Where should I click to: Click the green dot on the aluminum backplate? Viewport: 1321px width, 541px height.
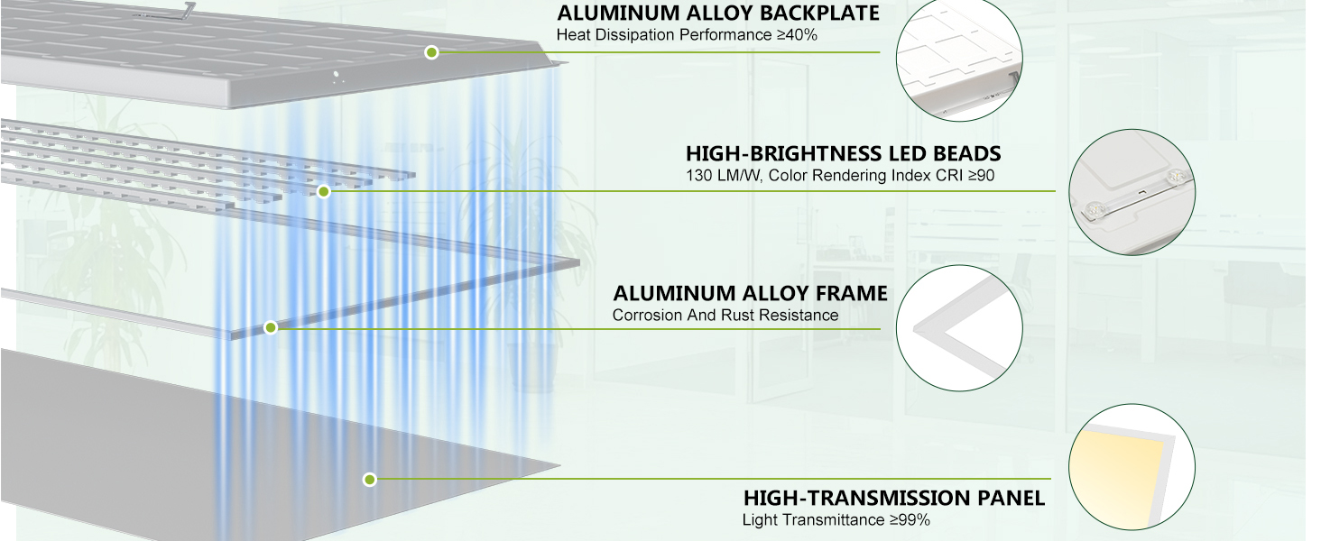(x=431, y=52)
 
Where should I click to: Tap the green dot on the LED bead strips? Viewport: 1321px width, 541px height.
(x=324, y=191)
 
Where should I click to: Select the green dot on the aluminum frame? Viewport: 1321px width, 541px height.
(x=271, y=327)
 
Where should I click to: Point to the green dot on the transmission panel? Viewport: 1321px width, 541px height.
(x=370, y=479)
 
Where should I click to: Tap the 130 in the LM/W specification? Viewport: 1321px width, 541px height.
(x=698, y=176)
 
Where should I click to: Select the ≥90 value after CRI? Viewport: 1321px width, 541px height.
(x=982, y=176)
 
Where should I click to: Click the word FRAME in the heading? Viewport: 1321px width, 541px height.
(x=852, y=293)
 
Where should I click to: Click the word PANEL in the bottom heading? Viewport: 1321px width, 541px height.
(x=1011, y=498)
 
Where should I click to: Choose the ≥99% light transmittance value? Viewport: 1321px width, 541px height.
(x=910, y=519)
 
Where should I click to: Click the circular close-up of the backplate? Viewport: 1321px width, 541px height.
(x=959, y=58)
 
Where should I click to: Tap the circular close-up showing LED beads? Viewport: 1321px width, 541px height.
(x=1132, y=192)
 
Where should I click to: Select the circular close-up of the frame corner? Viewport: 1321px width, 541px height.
(x=959, y=327)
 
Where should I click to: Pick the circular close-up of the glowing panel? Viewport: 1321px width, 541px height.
(x=1132, y=467)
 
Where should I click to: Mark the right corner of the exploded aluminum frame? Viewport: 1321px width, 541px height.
(x=579, y=263)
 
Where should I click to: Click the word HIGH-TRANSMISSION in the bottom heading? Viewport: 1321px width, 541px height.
(x=856, y=498)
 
